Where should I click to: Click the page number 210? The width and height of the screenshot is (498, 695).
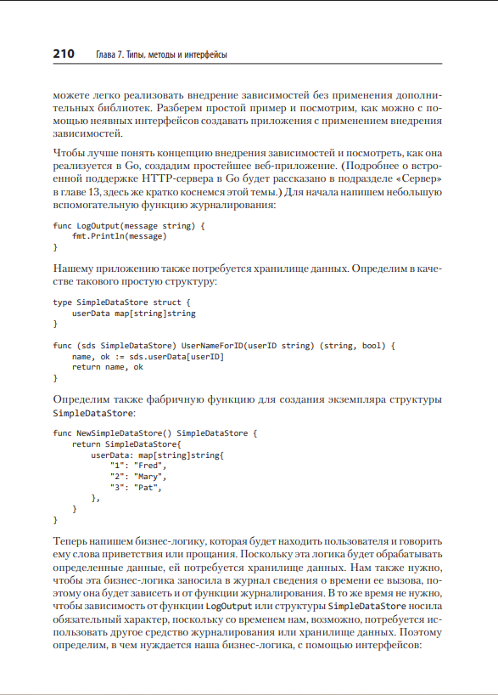64,54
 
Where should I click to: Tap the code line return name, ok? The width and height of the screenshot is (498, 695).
108,367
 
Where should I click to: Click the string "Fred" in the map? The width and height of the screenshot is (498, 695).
152,466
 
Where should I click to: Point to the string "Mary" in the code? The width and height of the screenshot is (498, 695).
152,477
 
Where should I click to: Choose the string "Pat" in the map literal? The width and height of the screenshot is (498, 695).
149,488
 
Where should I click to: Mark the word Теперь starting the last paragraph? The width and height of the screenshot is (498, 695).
72,541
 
